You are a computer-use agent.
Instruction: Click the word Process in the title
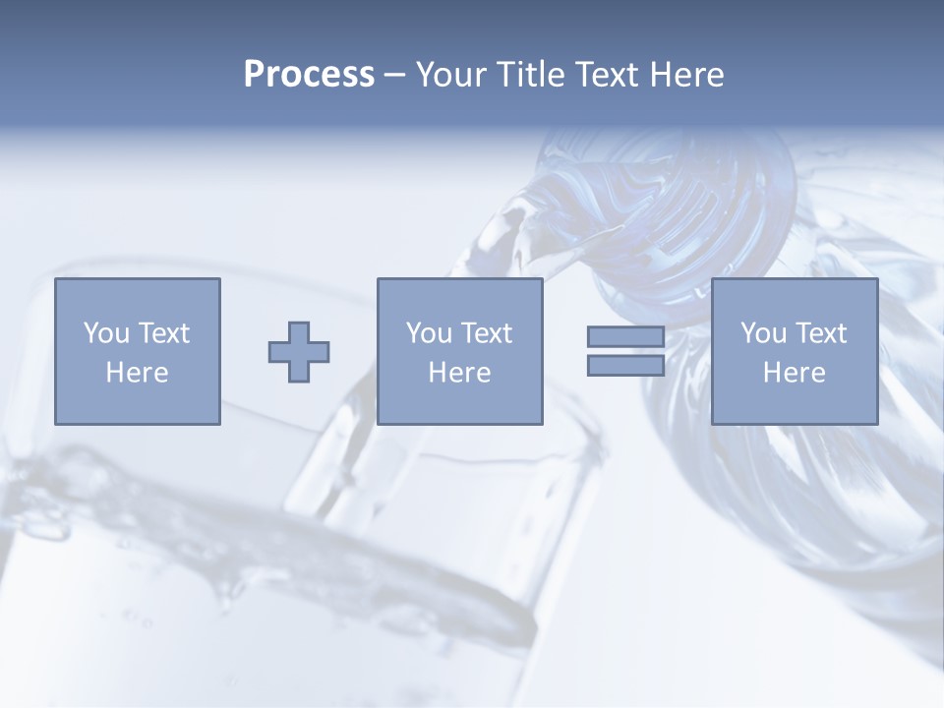(x=309, y=75)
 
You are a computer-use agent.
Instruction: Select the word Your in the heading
(x=451, y=75)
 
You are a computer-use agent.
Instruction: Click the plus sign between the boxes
(x=299, y=351)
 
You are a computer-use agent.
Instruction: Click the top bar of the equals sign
(x=625, y=337)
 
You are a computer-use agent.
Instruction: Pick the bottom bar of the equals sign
(x=625, y=366)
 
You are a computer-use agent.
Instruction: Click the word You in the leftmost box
(x=106, y=333)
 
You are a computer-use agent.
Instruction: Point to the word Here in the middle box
(x=459, y=373)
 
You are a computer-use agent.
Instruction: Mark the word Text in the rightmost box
(x=819, y=333)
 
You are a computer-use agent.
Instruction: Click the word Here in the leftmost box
(x=137, y=373)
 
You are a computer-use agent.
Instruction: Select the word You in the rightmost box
(x=763, y=333)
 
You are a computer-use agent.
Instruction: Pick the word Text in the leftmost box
(x=162, y=333)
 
